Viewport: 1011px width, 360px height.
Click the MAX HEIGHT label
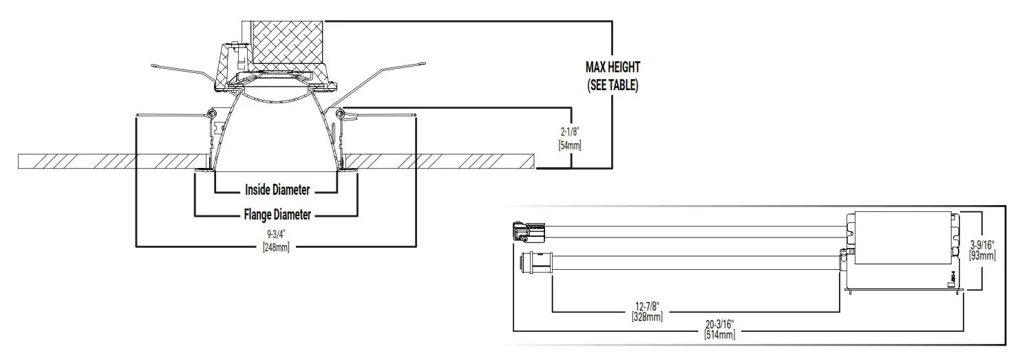[x=613, y=67]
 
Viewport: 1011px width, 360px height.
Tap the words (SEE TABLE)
[x=613, y=87]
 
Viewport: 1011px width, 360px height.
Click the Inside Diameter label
[x=277, y=190]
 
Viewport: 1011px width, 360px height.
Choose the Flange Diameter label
[x=277, y=215]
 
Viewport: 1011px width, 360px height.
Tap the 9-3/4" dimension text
[x=276, y=234]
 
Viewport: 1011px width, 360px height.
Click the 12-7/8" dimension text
[x=647, y=305]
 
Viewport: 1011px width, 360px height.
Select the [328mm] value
[x=647, y=317]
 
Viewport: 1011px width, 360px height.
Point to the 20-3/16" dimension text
[x=719, y=324]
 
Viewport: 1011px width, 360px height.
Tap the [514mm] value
[x=719, y=335]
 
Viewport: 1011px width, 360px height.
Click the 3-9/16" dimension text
[x=982, y=243]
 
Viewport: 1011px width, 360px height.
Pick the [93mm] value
[x=982, y=255]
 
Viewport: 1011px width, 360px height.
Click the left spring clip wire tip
[x=154, y=66]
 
